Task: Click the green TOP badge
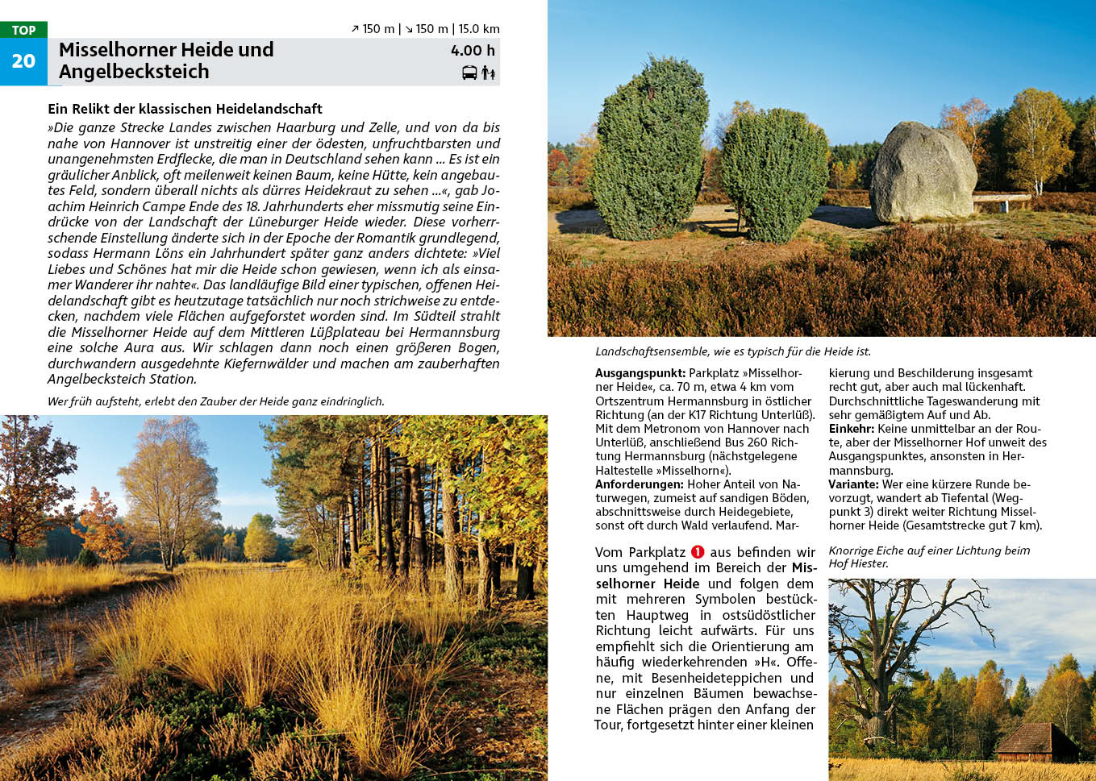[x=23, y=30]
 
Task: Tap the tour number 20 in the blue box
[x=23, y=61]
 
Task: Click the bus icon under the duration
[x=469, y=73]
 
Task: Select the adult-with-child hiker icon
[x=488, y=73]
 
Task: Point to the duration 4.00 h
[x=473, y=51]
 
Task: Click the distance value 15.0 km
[x=479, y=29]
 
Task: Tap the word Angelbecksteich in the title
[x=134, y=72]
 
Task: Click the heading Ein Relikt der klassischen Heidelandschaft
[x=185, y=109]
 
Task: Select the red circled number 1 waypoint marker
[x=698, y=552]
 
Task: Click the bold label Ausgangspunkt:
[x=640, y=373]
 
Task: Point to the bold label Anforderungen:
[x=640, y=484]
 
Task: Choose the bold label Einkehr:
[x=852, y=429]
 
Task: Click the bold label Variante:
[x=853, y=484]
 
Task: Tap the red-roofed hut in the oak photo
[x=1036, y=741]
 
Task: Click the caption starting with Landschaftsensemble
[x=732, y=351]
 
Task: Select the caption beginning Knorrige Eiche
[x=929, y=557]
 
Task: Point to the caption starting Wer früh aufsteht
[x=215, y=401]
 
